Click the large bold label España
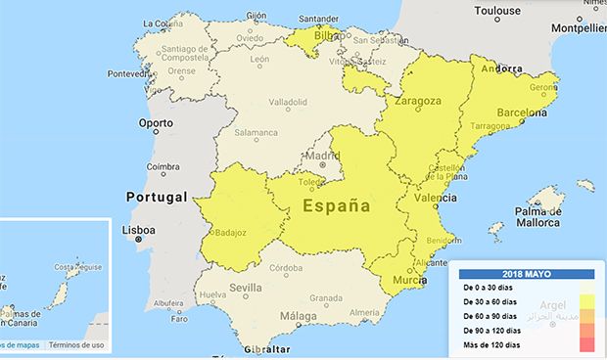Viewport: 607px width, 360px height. [336, 206]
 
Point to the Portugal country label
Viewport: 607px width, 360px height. [156, 197]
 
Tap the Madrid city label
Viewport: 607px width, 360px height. [322, 155]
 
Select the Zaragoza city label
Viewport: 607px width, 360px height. [418, 101]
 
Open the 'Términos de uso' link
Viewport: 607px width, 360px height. [76, 344]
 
